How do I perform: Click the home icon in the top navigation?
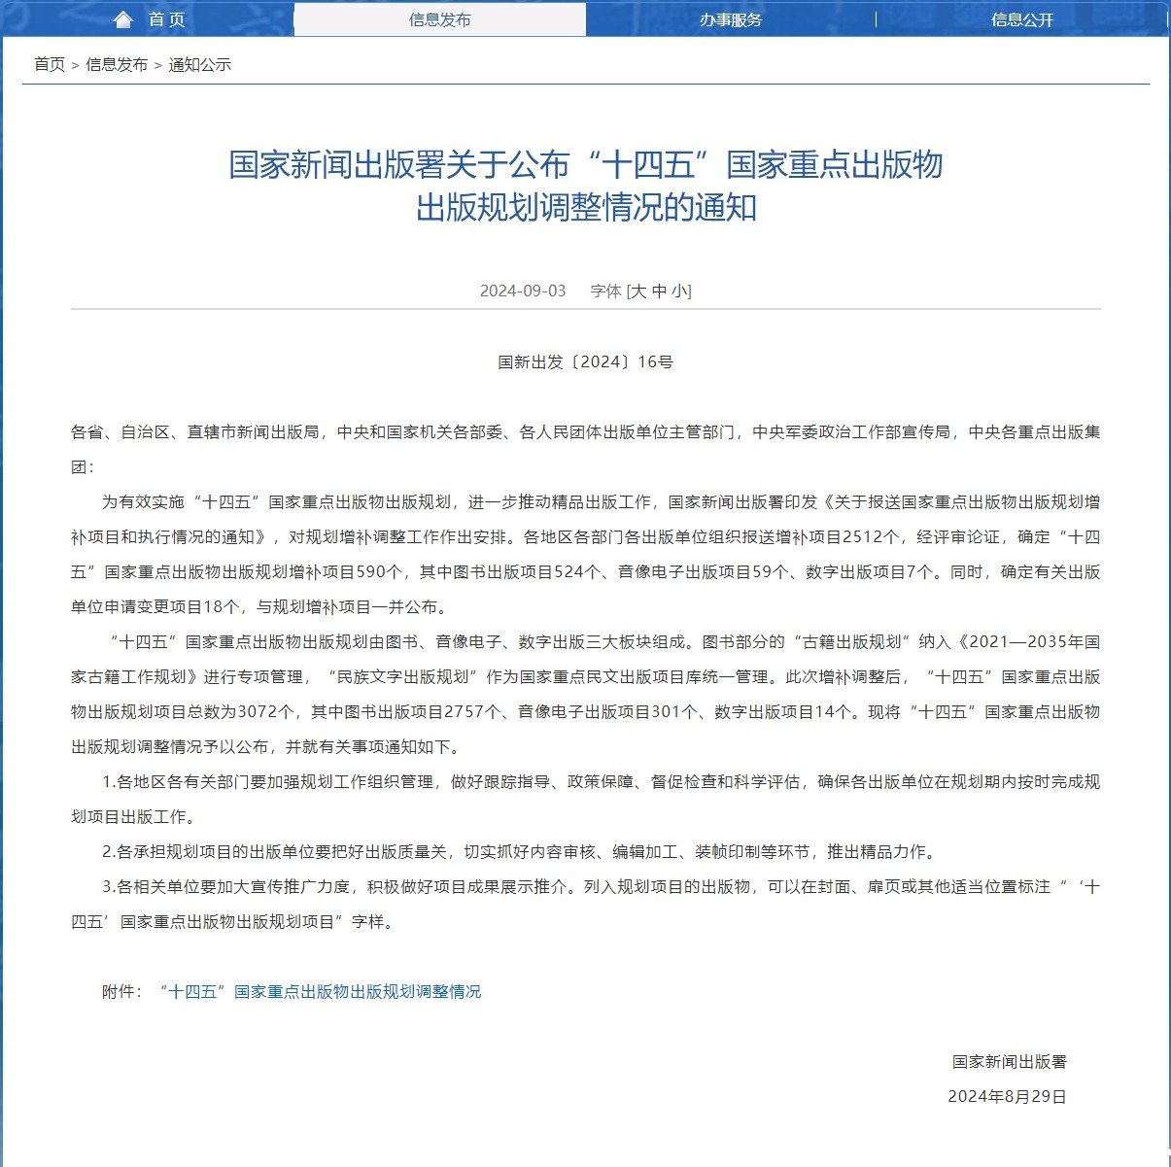pos(123,19)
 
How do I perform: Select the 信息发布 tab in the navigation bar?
pos(439,19)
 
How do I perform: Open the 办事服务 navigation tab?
pos(731,19)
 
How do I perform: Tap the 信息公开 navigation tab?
pos(1022,19)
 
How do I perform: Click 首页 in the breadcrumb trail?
pos(50,65)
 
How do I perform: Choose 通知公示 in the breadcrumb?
pos(200,65)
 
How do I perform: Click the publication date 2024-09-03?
pos(523,291)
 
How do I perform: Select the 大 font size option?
pos(638,291)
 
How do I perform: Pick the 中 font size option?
pos(660,291)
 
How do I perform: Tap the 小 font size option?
pos(680,291)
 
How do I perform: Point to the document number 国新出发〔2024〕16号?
pos(585,362)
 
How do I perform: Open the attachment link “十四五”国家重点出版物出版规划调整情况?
pos(320,992)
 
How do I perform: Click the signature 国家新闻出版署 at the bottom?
pos(1009,1062)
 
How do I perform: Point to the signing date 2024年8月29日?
pos(1007,1097)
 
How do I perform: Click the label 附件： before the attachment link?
pos(122,992)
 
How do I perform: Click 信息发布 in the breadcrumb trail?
pos(117,65)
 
